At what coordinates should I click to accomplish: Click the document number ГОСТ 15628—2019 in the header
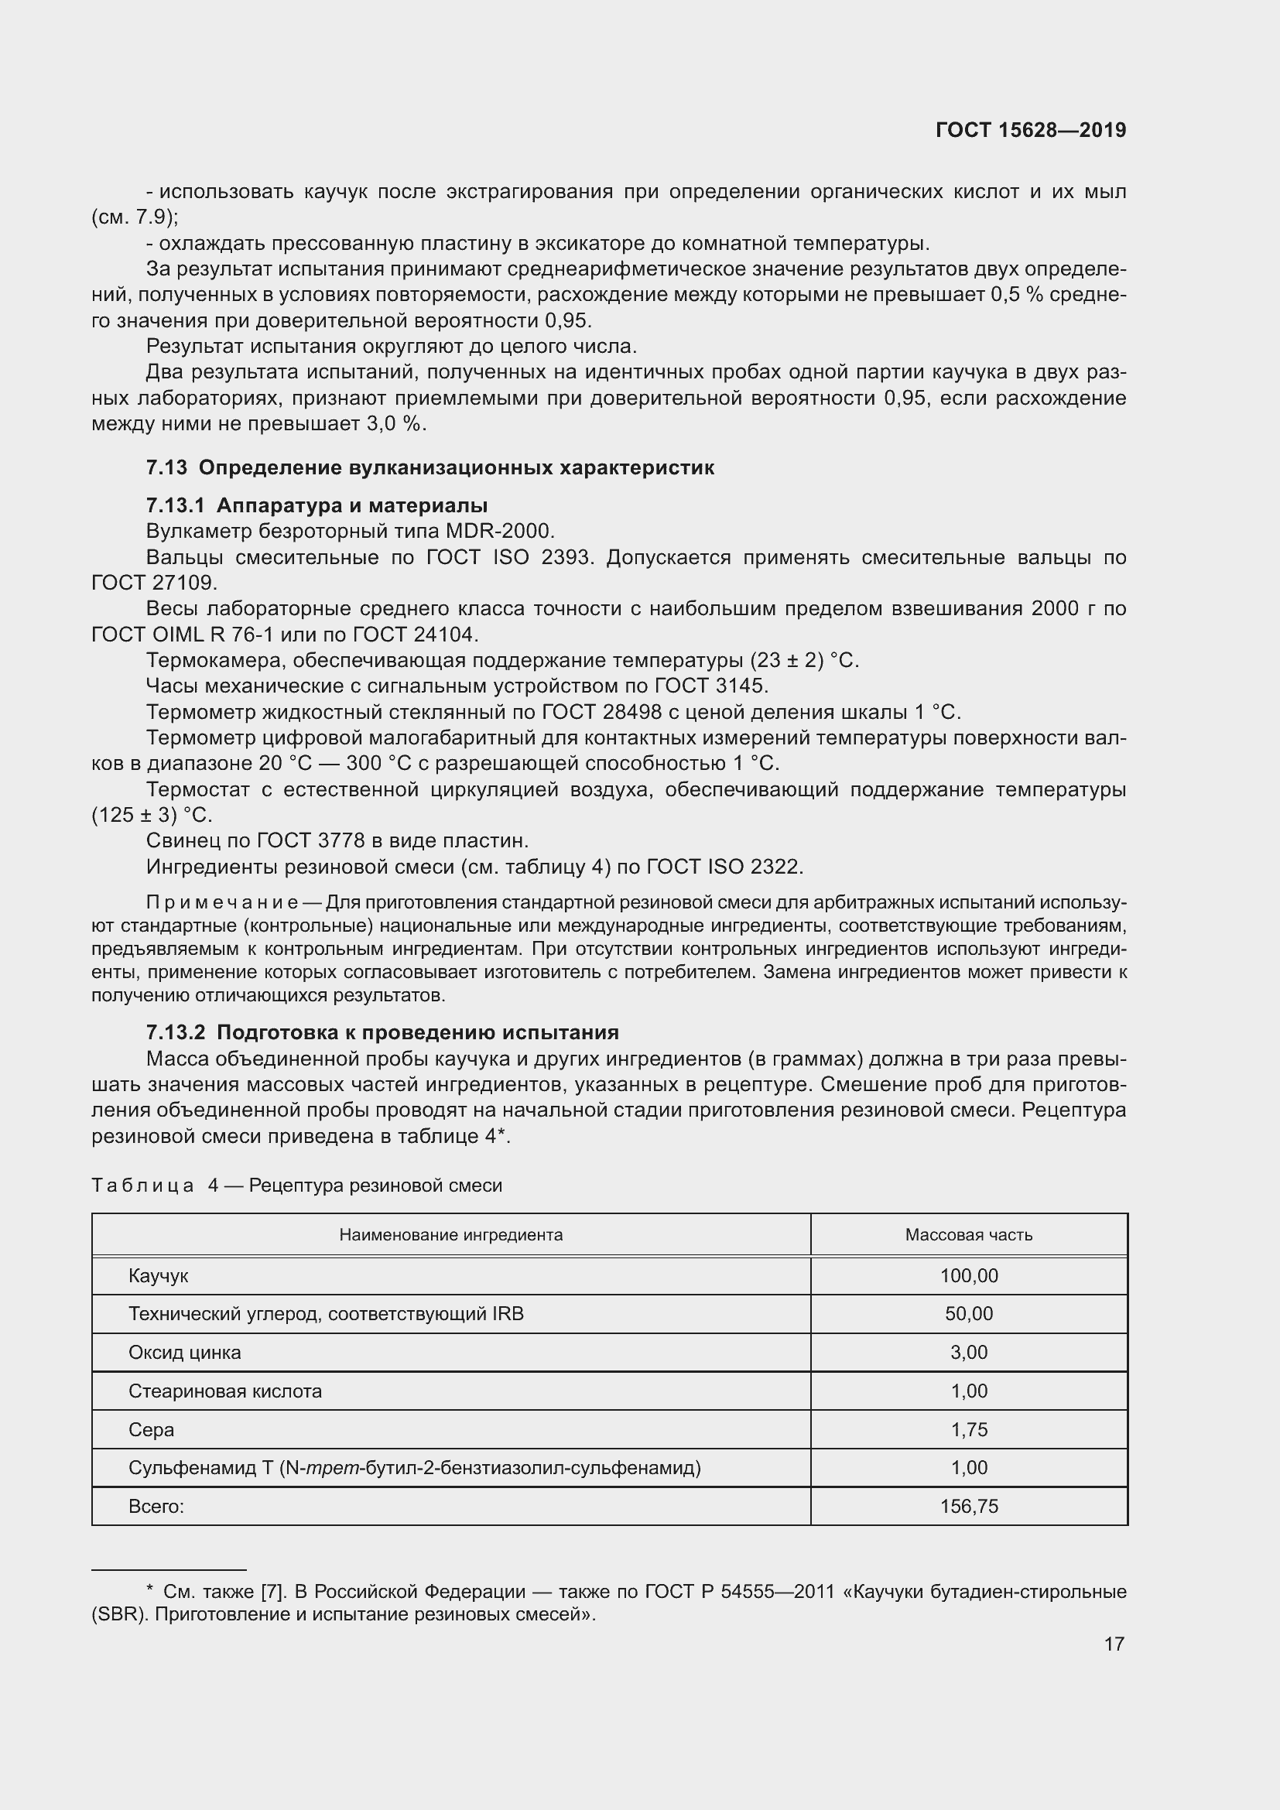[x=1030, y=131]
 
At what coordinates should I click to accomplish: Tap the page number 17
[x=1114, y=1644]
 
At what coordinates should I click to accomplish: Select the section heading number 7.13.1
[x=178, y=505]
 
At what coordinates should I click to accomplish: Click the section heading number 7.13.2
[x=178, y=1032]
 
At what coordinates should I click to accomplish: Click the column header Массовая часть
[x=969, y=1234]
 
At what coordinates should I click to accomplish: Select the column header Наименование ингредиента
[x=451, y=1234]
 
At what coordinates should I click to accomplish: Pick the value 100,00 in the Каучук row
[x=969, y=1275]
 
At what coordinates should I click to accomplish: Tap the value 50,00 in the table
[x=969, y=1314]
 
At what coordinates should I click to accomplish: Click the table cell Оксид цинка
[x=184, y=1353]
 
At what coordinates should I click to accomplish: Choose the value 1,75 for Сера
[x=969, y=1430]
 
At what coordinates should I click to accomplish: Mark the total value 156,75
[x=969, y=1507]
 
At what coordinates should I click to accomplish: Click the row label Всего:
[x=156, y=1507]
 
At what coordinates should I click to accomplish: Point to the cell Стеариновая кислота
[x=224, y=1391]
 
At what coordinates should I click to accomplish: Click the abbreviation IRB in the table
[x=508, y=1314]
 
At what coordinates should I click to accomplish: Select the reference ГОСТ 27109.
[x=154, y=583]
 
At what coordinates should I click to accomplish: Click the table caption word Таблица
[x=142, y=1186]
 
